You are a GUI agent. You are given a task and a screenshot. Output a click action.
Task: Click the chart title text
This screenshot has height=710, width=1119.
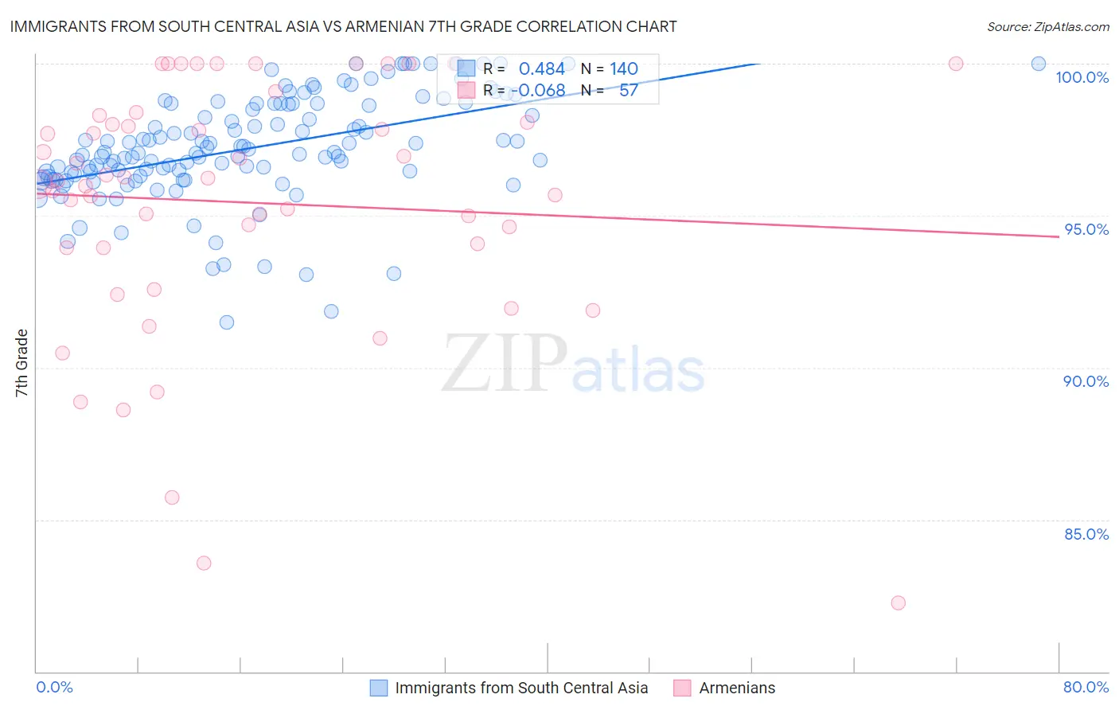[343, 26]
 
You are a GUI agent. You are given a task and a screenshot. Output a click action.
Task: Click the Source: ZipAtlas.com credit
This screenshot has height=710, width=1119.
[1047, 26]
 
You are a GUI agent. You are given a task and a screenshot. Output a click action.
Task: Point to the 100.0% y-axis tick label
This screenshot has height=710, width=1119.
[1082, 77]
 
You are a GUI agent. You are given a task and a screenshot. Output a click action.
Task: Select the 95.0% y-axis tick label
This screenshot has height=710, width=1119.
[1086, 229]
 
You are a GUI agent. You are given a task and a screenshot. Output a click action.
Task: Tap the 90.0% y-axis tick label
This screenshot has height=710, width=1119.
[1086, 381]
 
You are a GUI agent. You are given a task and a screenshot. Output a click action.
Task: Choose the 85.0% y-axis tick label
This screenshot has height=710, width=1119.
[1086, 534]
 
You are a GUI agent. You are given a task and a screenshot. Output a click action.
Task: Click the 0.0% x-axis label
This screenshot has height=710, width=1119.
[54, 687]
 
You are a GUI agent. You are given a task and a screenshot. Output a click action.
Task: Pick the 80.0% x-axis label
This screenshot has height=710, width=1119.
[1086, 687]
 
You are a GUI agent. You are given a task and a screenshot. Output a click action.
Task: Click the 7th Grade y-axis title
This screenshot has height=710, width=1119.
[21, 363]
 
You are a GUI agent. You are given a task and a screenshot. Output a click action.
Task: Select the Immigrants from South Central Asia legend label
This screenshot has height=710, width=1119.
[521, 688]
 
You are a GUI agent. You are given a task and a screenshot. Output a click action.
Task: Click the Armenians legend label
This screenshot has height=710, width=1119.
[737, 688]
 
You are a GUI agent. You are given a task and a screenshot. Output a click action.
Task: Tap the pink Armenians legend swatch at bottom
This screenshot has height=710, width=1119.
[682, 688]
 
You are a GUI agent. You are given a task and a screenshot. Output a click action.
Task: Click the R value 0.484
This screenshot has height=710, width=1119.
[541, 69]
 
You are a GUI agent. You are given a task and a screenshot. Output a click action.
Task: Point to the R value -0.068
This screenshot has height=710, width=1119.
[537, 91]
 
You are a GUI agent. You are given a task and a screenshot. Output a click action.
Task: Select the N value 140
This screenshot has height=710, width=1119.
[624, 69]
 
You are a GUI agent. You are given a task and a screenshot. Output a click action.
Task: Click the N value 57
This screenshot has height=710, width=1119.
[628, 91]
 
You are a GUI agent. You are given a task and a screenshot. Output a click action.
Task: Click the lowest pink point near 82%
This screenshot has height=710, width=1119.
[899, 603]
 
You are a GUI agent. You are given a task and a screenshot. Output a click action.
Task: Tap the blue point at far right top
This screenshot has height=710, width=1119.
[1039, 64]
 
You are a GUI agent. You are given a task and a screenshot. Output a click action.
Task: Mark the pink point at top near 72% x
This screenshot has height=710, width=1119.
[956, 64]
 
